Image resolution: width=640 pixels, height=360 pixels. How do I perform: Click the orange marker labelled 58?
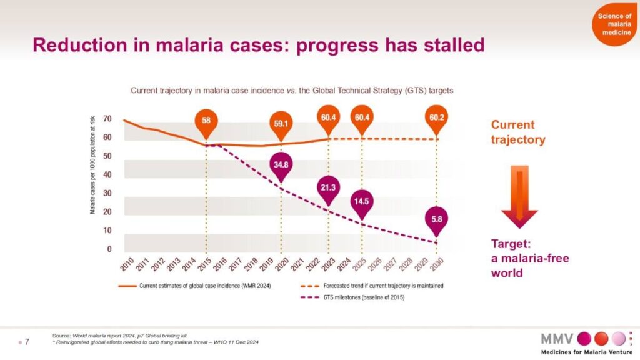(x=206, y=120)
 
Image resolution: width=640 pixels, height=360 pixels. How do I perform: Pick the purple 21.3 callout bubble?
(x=327, y=187)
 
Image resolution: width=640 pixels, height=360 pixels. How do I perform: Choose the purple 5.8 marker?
(x=437, y=219)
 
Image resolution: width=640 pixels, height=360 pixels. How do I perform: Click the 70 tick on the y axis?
(x=107, y=119)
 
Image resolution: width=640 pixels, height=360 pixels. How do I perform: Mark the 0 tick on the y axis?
(x=109, y=249)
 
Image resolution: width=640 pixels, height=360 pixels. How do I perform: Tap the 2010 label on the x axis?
(x=127, y=266)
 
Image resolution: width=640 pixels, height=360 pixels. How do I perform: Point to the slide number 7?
(x=27, y=341)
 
